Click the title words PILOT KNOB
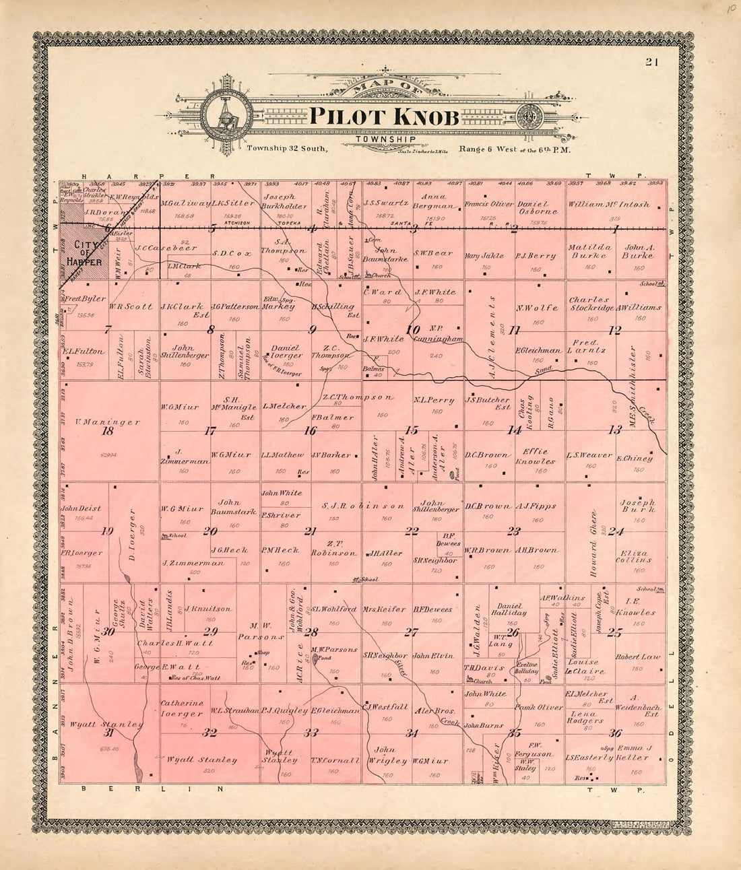coord(384,116)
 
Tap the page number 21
coord(651,63)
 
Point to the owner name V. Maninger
coord(108,422)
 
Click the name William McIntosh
coord(608,204)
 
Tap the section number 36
coord(615,733)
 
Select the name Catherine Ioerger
coord(182,708)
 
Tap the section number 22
coord(412,531)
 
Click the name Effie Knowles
coord(536,457)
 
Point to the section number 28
coord(311,632)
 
